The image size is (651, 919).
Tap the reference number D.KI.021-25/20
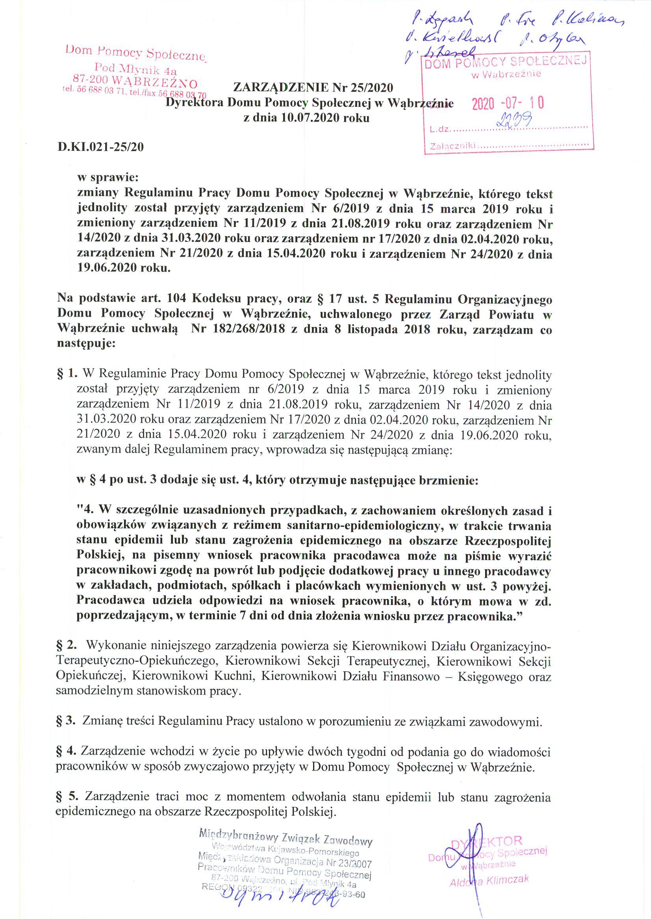click(x=100, y=147)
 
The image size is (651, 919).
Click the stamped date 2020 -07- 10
click(x=508, y=104)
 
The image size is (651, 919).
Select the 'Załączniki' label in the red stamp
click(x=452, y=147)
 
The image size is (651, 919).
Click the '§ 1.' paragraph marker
click(x=67, y=375)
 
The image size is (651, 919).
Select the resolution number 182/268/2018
click(x=250, y=330)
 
